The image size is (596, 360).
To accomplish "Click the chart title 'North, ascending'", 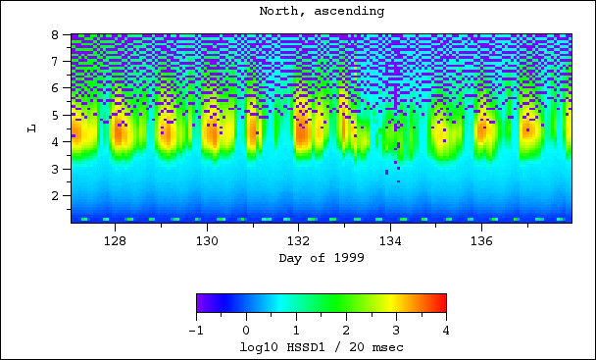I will [x=322, y=12].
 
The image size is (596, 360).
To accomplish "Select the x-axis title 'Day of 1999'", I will [x=321, y=257].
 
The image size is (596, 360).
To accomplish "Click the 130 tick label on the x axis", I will [x=207, y=240].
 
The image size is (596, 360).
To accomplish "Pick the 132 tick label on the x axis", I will [x=298, y=240].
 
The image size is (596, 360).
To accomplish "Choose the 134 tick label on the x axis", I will [x=390, y=240].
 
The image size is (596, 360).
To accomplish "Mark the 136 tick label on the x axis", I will [x=481, y=240].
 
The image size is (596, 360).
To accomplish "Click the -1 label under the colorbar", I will [x=196, y=331].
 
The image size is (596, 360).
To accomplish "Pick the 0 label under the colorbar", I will [x=246, y=331].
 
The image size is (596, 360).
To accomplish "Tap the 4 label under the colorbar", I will [x=446, y=331].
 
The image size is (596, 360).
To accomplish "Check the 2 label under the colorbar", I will [x=346, y=331].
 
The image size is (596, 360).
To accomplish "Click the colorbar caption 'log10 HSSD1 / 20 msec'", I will [x=322, y=347].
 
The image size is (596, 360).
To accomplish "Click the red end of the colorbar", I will [x=442, y=302].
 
